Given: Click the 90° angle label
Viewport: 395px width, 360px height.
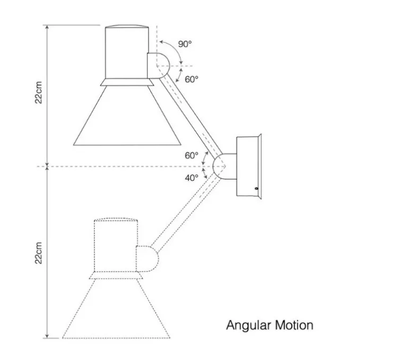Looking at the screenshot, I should [x=184, y=44].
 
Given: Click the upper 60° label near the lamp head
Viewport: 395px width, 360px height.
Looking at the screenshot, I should [x=192, y=79].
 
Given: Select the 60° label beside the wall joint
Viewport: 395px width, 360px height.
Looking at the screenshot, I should [x=191, y=156].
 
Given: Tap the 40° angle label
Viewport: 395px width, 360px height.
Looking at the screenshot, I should [x=191, y=178].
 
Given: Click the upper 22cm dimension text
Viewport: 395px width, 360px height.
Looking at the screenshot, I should [x=39, y=93].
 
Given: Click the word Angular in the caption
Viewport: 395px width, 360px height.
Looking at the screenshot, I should [x=249, y=324].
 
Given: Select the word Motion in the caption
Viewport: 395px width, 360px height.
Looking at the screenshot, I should [x=294, y=324].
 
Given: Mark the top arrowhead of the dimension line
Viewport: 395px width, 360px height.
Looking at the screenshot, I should [x=48, y=27].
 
